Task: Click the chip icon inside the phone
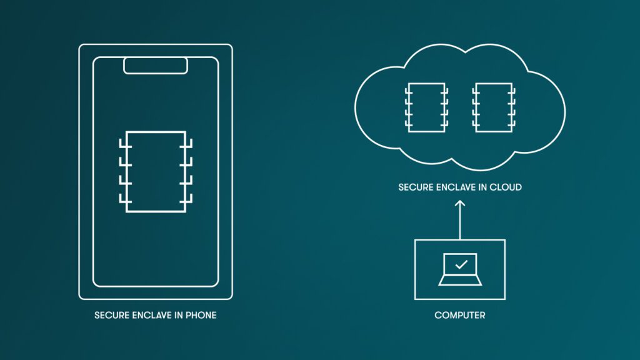(x=156, y=171)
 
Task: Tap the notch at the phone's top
(x=156, y=65)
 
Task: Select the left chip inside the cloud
(x=426, y=107)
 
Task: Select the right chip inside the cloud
(x=494, y=107)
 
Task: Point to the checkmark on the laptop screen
(x=461, y=264)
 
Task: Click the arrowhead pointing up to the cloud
(x=460, y=203)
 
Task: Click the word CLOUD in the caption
(x=506, y=187)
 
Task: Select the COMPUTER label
(x=460, y=316)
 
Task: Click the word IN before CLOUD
(x=484, y=187)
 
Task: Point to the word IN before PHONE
(x=179, y=316)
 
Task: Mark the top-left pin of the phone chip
(x=122, y=146)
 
